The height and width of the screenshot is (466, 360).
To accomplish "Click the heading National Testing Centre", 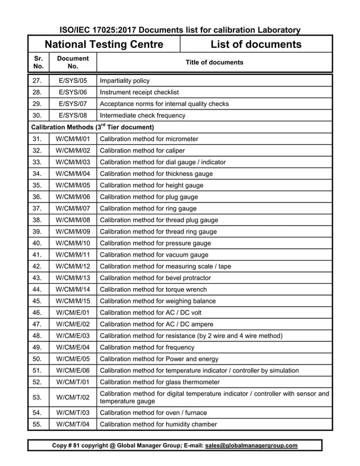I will click(x=104, y=44).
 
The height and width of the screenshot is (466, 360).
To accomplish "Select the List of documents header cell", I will click(x=256, y=44).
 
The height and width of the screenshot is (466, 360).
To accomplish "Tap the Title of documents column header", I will click(x=214, y=63).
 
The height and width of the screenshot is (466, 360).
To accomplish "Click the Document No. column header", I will click(x=73, y=63).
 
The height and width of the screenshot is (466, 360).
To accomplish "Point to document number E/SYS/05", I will click(x=73, y=81).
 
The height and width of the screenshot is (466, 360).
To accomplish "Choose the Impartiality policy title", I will click(x=125, y=81).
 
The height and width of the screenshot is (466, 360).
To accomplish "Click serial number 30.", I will click(x=37, y=116).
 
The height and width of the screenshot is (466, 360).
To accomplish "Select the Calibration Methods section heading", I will click(x=92, y=127).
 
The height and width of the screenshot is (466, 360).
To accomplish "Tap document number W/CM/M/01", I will click(x=73, y=139).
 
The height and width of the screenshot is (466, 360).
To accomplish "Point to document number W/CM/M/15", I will click(x=73, y=301).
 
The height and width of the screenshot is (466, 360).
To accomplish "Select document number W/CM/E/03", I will click(x=73, y=336).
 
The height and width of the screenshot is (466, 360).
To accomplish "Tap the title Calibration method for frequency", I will click(x=149, y=348).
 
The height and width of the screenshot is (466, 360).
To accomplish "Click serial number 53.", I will click(x=37, y=397).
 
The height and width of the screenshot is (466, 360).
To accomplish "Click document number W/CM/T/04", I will click(x=73, y=424).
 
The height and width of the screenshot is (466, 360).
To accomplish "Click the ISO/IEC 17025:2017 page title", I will click(x=180, y=30).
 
